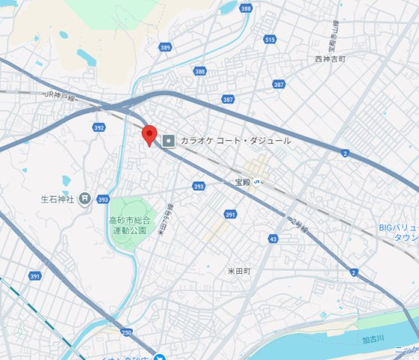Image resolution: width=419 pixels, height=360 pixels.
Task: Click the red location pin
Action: [x=148, y=134]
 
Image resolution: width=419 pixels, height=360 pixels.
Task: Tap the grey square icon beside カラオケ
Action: [x=169, y=140]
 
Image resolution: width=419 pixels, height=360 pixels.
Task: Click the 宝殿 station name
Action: [x=242, y=181]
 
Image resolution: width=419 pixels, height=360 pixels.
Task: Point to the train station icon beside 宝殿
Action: [x=256, y=181]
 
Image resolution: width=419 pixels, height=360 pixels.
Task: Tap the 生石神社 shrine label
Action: [x=57, y=199]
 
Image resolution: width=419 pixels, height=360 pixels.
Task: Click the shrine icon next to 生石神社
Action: [x=85, y=199]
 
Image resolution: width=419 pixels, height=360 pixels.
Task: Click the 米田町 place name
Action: [x=238, y=270]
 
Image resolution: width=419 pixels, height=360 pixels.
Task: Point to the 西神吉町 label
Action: [x=330, y=58]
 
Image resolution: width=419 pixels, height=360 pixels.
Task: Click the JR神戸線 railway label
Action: [x=61, y=95]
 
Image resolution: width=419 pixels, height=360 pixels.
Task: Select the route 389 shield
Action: [x=165, y=47]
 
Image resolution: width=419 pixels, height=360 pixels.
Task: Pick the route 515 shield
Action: [x=270, y=38]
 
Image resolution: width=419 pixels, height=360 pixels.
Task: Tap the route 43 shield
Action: [x=271, y=238]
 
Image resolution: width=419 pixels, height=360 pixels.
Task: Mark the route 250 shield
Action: [x=126, y=332]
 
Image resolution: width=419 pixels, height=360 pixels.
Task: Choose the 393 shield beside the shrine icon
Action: [x=103, y=199]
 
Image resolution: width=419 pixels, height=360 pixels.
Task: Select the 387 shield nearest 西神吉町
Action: [x=279, y=85]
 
